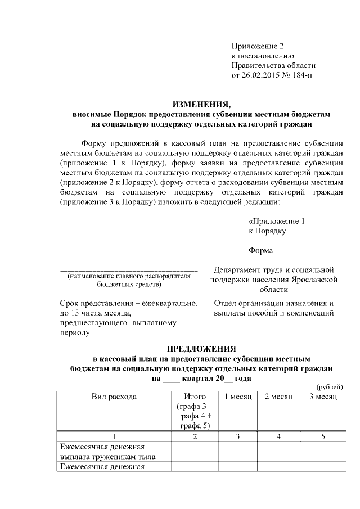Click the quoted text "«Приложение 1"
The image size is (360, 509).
tap(277, 221)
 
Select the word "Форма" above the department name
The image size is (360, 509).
tap(261, 250)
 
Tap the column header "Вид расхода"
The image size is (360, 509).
tap(114, 397)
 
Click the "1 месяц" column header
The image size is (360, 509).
tap(237, 397)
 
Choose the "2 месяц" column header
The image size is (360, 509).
tap(278, 397)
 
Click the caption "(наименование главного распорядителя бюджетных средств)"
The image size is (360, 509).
tap(129, 281)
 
